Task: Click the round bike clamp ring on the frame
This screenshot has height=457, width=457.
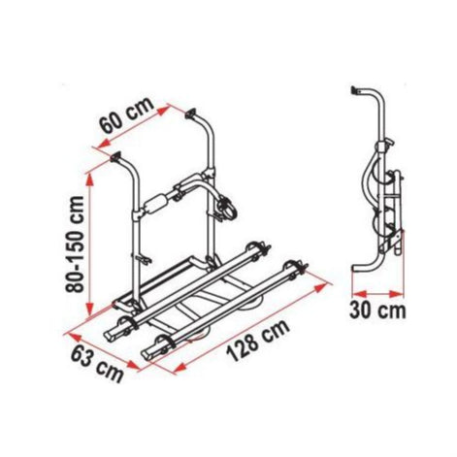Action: [x=230, y=207]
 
